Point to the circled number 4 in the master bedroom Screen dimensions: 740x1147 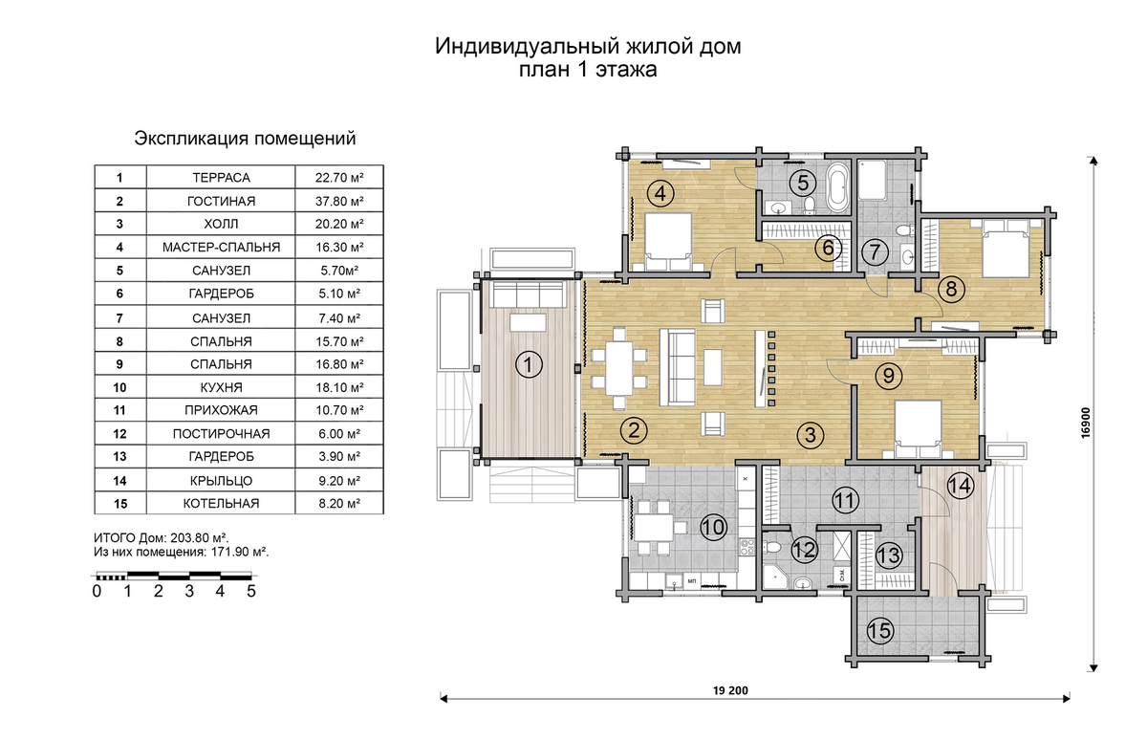tap(660, 192)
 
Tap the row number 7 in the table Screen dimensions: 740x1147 tap(119, 317)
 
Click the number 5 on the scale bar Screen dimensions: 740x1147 tap(251, 591)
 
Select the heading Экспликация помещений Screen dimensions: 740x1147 tap(245, 139)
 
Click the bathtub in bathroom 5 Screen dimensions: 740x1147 tap(837, 187)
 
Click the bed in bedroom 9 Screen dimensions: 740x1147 tap(919, 424)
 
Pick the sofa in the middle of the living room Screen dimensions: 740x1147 tap(681, 367)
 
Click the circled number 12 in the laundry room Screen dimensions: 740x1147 tap(805, 550)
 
